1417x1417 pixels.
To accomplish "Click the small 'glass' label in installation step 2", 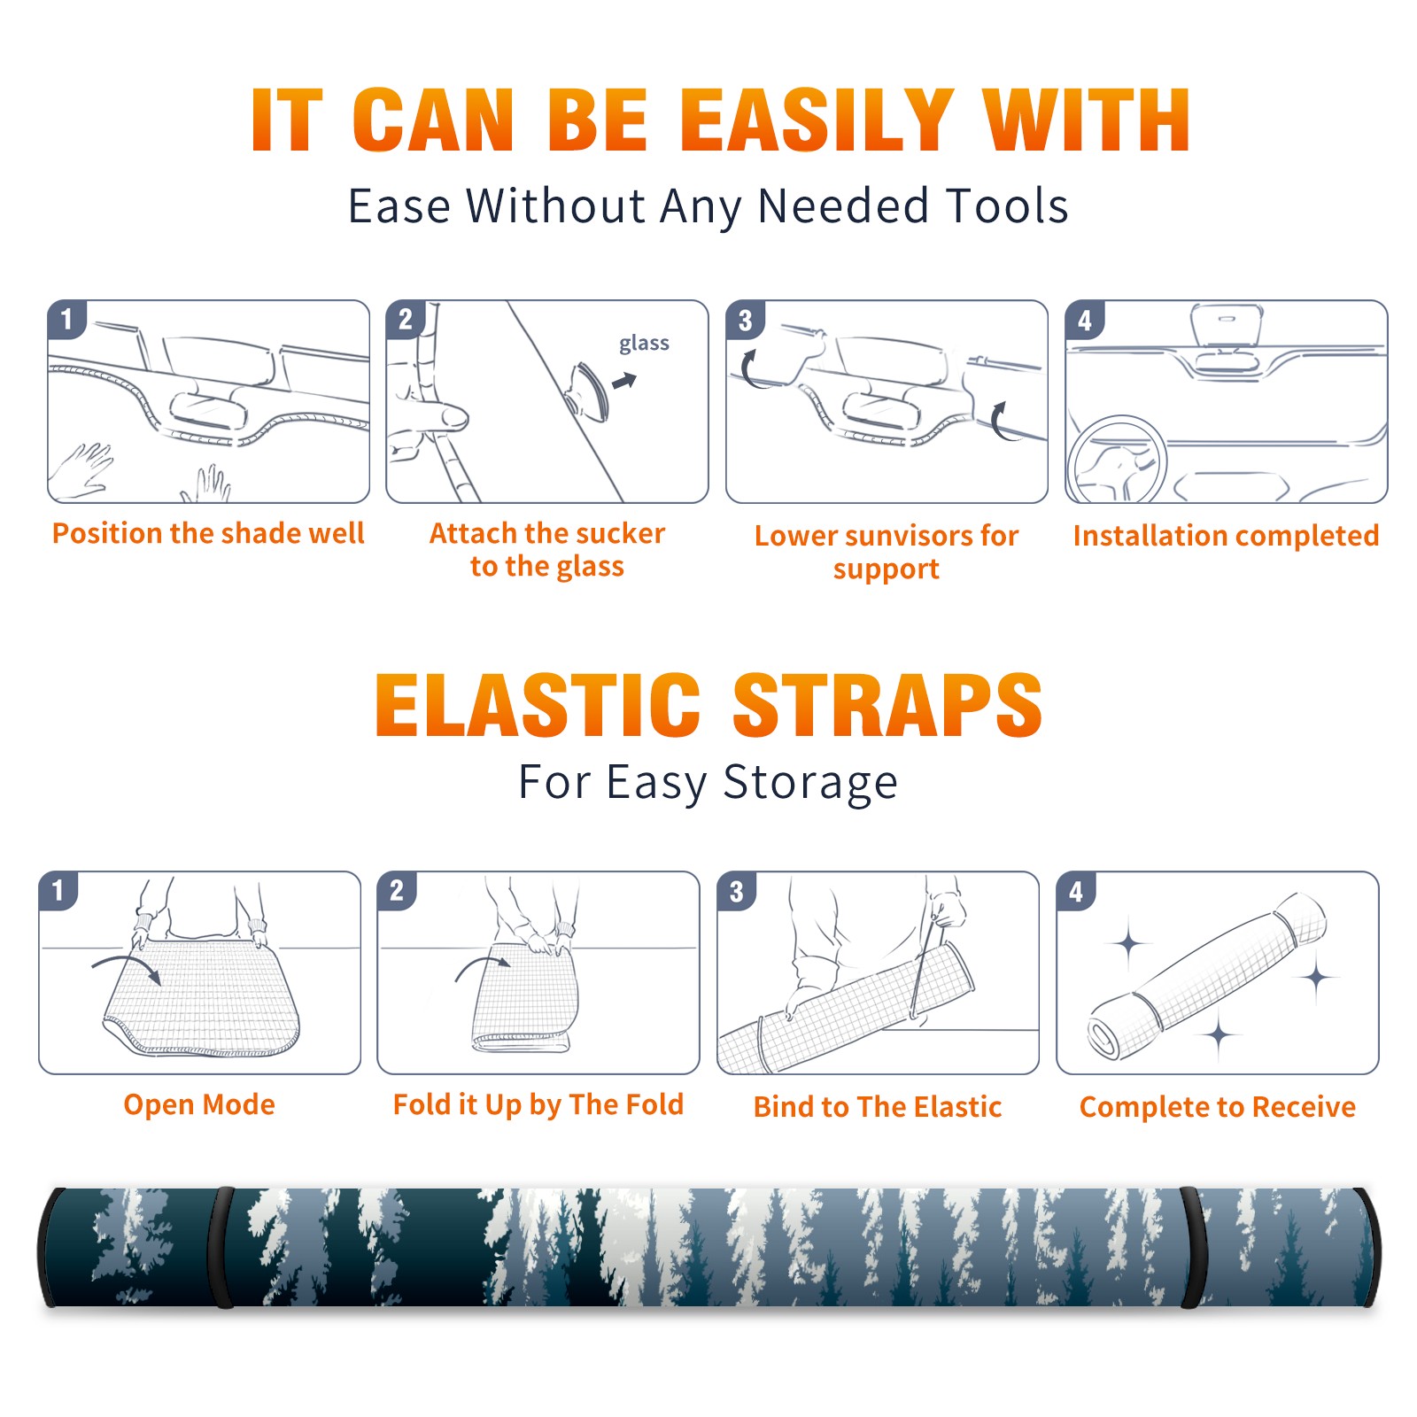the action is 644,344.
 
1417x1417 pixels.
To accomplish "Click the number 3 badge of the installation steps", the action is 745,321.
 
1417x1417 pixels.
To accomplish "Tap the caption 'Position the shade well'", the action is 208,533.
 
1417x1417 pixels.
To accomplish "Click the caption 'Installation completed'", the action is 1226,535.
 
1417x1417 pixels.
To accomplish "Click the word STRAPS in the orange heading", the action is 887,705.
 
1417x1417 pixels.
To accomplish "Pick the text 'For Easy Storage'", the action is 708,783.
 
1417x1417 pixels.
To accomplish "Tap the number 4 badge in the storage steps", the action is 1076,891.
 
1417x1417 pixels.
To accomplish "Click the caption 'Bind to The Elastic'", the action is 878,1106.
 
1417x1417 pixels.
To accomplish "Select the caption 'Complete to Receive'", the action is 1218,1106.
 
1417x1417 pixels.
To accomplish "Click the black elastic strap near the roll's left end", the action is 221,1247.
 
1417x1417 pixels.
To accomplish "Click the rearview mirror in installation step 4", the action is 1227,326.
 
